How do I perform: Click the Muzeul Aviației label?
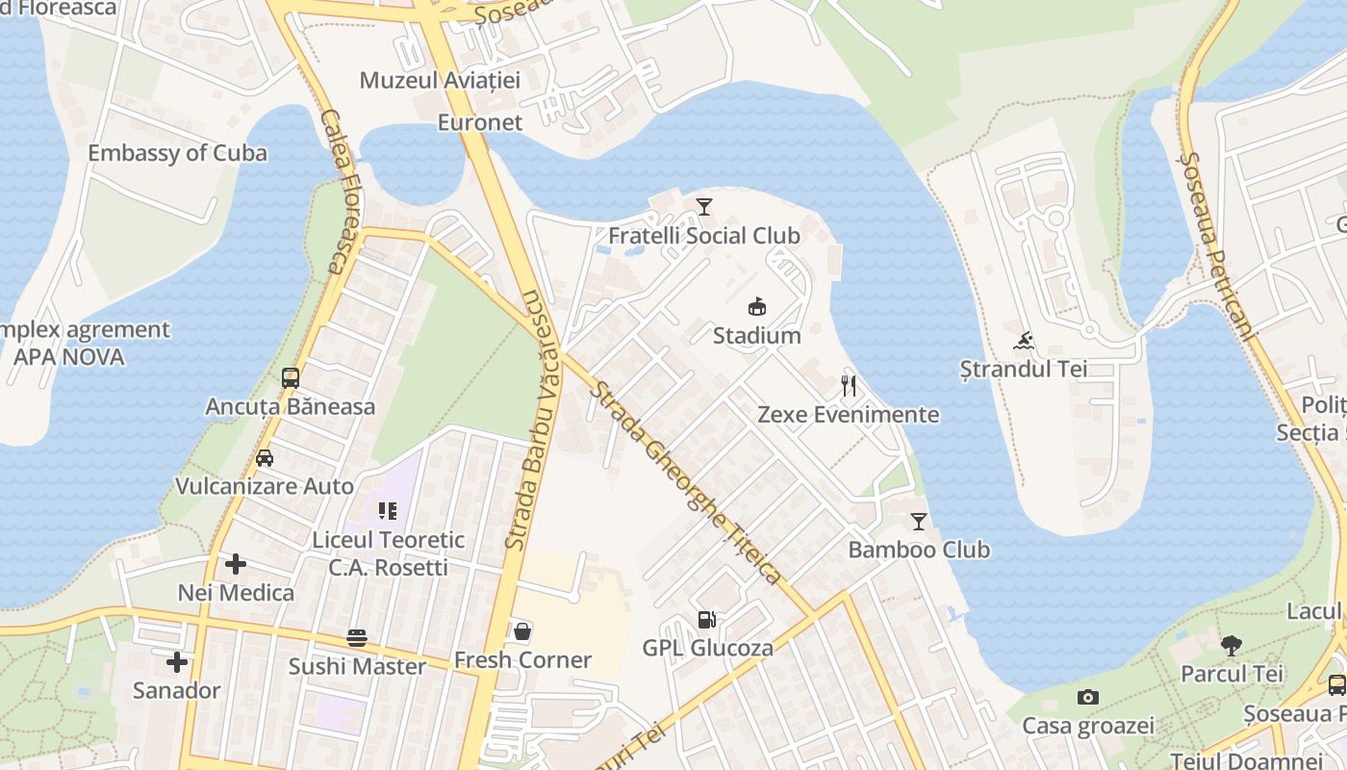click(x=440, y=80)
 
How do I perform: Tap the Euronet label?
click(x=480, y=122)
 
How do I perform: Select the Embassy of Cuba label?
click(x=177, y=153)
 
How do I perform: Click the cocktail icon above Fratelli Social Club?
click(x=704, y=206)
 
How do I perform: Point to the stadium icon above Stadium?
click(x=757, y=306)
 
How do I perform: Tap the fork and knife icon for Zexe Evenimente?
click(x=849, y=386)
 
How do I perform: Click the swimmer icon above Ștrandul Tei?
click(x=1024, y=341)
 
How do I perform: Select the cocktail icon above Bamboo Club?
click(x=919, y=522)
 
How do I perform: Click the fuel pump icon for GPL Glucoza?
click(x=707, y=620)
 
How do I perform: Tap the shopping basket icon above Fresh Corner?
click(x=522, y=631)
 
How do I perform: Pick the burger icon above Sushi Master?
click(x=357, y=638)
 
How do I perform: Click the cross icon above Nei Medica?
click(x=236, y=564)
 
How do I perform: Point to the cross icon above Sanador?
click(x=177, y=662)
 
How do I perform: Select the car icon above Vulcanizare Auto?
click(x=265, y=458)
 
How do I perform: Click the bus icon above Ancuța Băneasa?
click(x=291, y=377)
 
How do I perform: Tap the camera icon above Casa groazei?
click(x=1088, y=697)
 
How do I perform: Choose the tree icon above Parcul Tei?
click(x=1232, y=645)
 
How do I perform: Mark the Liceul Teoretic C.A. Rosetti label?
click(x=388, y=553)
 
